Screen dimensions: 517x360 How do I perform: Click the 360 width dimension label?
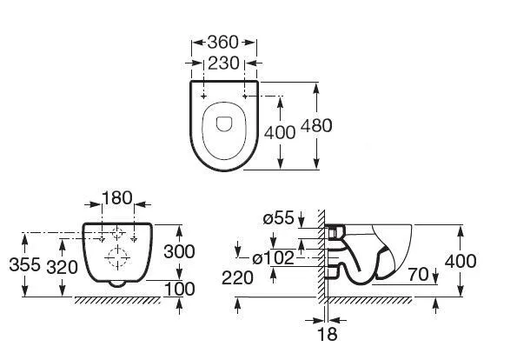(222, 43)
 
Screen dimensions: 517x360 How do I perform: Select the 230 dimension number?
(223, 63)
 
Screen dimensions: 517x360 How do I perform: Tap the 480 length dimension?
(316, 126)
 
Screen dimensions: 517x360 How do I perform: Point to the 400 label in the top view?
(280, 132)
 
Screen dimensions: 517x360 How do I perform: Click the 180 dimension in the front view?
(117, 198)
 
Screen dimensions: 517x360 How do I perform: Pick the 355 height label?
(24, 264)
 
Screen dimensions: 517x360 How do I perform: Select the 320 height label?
(62, 267)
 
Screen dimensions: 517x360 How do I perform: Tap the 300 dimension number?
(179, 252)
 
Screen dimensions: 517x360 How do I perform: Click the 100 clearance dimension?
(179, 289)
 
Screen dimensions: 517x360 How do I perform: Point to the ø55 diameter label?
(278, 217)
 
